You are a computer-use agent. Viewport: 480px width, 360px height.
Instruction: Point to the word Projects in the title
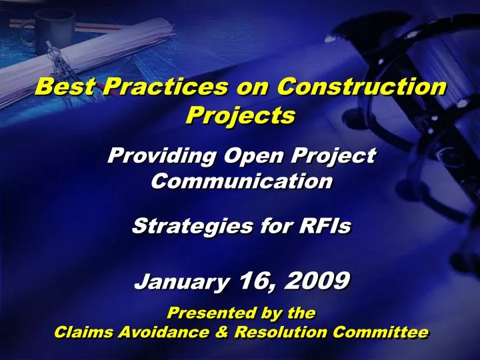[240, 115]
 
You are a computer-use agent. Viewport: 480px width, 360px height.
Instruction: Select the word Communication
[241, 181]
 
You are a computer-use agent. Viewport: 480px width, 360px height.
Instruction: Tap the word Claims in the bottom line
[79, 332]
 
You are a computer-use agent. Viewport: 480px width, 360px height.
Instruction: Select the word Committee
[387, 332]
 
